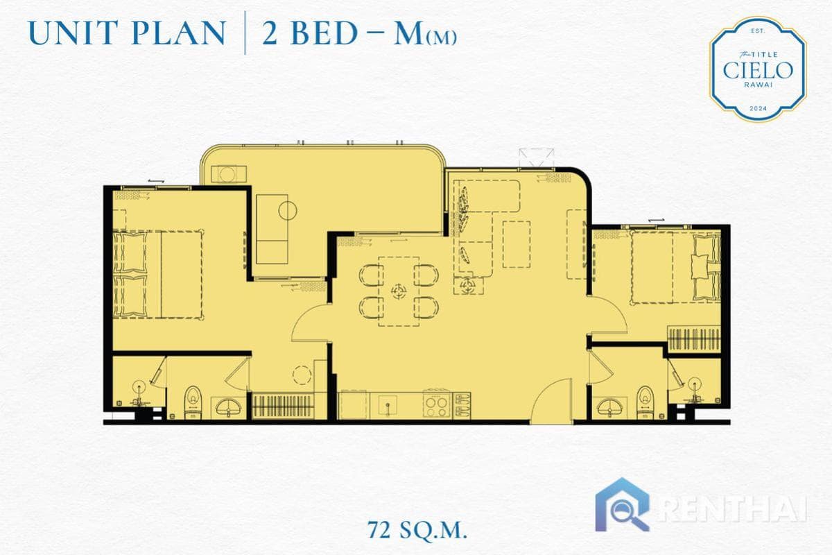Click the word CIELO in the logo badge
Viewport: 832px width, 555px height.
(757, 69)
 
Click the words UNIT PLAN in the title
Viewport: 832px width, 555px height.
(128, 33)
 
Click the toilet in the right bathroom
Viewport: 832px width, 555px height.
(645, 401)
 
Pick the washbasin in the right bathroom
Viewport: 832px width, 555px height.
(611, 406)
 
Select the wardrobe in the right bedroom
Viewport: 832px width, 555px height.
(693, 340)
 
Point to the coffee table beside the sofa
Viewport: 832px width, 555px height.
(515, 244)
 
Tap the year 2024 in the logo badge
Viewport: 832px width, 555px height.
(757, 110)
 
